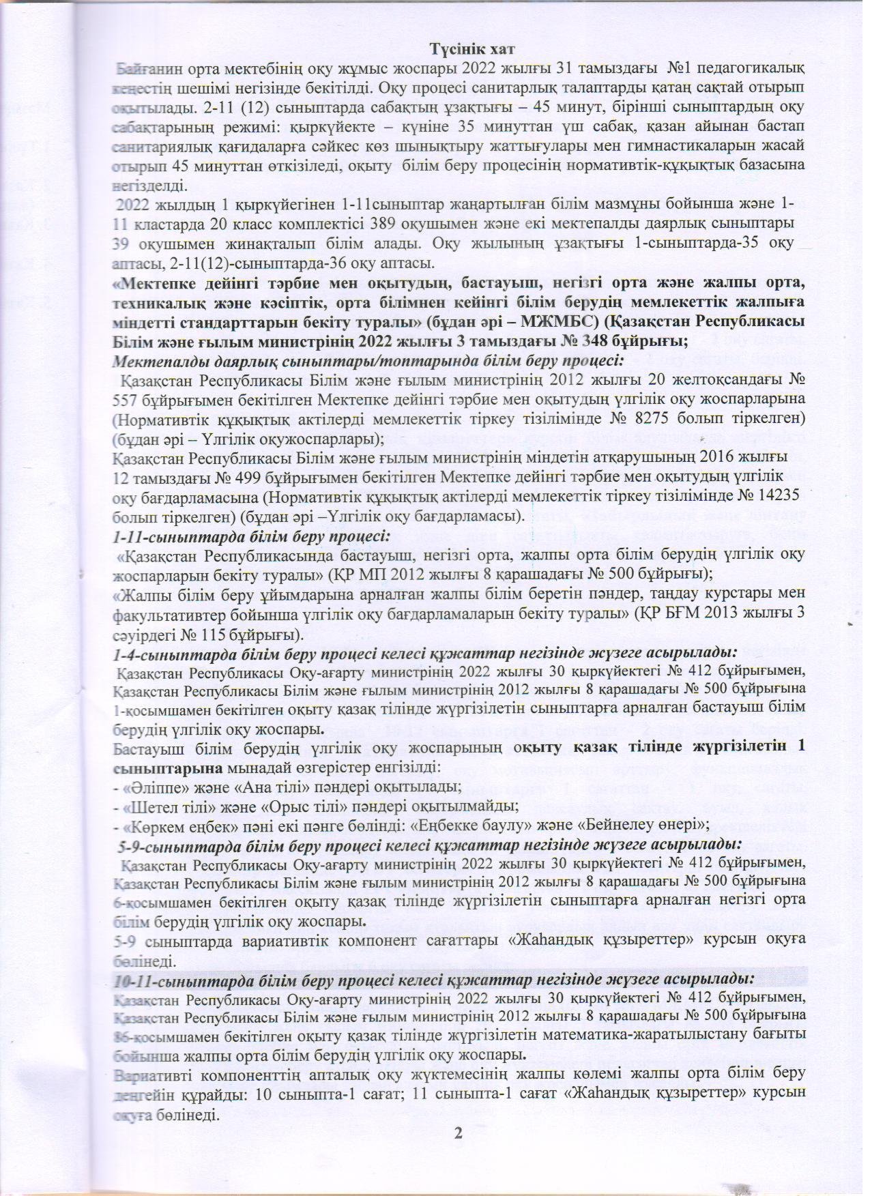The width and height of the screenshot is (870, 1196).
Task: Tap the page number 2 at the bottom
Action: coord(458,1133)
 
